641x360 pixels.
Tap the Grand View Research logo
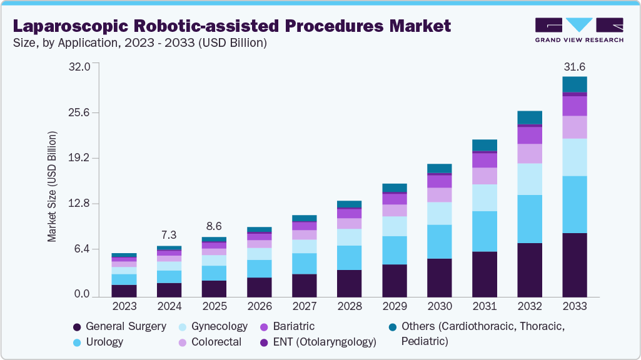[x=579, y=29]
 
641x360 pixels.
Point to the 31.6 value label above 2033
[x=574, y=66]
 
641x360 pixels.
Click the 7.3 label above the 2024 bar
[x=169, y=236]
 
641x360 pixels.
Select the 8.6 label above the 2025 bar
[x=215, y=226]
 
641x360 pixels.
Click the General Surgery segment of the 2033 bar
[x=574, y=264]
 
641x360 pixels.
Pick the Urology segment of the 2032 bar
[x=529, y=219]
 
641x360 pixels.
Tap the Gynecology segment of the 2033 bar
[x=574, y=157]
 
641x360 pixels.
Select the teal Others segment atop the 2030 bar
[x=439, y=168]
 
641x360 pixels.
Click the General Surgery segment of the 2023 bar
[x=124, y=291]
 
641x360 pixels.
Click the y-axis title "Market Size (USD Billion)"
[x=53, y=187]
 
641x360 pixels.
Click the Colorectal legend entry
[x=212, y=342]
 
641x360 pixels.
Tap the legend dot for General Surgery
[x=77, y=327]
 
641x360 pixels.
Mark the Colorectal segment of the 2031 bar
[x=484, y=176]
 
